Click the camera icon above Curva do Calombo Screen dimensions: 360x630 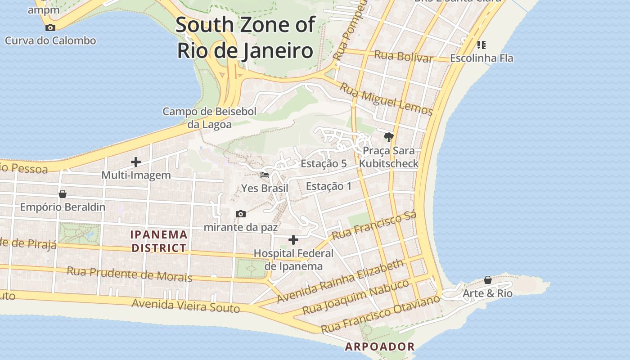tap(50, 27)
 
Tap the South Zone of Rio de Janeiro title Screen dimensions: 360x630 tap(245, 37)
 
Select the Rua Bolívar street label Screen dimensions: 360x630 tap(404, 56)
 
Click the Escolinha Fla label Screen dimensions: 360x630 tap(481, 58)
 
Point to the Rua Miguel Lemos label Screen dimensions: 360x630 tap(386, 99)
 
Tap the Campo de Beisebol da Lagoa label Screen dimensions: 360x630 tap(210, 118)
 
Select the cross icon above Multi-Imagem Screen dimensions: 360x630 tap(136, 162)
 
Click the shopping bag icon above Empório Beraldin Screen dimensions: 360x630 tap(63, 194)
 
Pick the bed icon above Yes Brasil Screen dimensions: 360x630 tap(265, 175)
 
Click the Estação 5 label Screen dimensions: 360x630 tap(324, 163)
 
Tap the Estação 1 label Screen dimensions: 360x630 tap(328, 186)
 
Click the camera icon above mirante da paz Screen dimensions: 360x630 tap(241, 214)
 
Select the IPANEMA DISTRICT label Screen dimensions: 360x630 tap(159, 241)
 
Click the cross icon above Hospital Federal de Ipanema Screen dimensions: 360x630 tap(293, 239)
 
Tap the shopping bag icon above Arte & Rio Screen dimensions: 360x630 tap(488, 280)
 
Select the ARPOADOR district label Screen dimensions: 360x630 tap(379, 346)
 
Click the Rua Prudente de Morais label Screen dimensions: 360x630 tap(129, 274)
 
